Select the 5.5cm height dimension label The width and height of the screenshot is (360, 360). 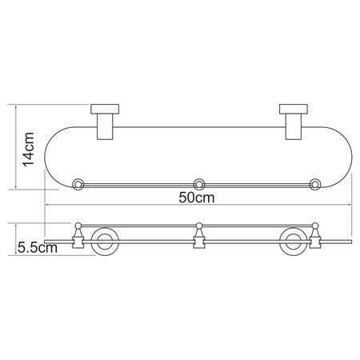point(37,249)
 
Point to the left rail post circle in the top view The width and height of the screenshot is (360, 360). point(79,183)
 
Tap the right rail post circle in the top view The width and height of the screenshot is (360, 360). point(315,183)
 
